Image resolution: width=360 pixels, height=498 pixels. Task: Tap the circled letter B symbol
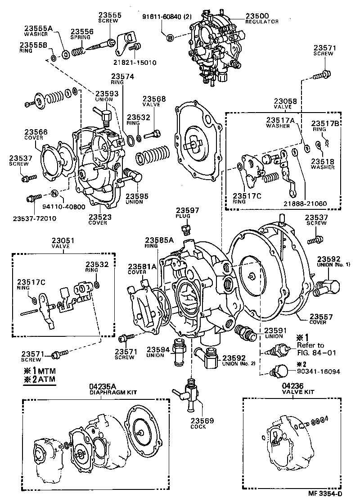(x=170, y=38)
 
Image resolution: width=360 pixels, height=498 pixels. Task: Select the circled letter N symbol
(x=54, y=194)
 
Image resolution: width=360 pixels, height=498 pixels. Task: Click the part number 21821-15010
(x=135, y=63)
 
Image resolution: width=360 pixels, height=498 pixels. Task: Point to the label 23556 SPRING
(x=81, y=34)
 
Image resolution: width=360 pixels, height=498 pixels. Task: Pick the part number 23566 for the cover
(x=36, y=132)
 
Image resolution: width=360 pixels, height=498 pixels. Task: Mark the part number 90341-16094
(x=318, y=372)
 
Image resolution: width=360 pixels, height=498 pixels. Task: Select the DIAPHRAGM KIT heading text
(x=118, y=392)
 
